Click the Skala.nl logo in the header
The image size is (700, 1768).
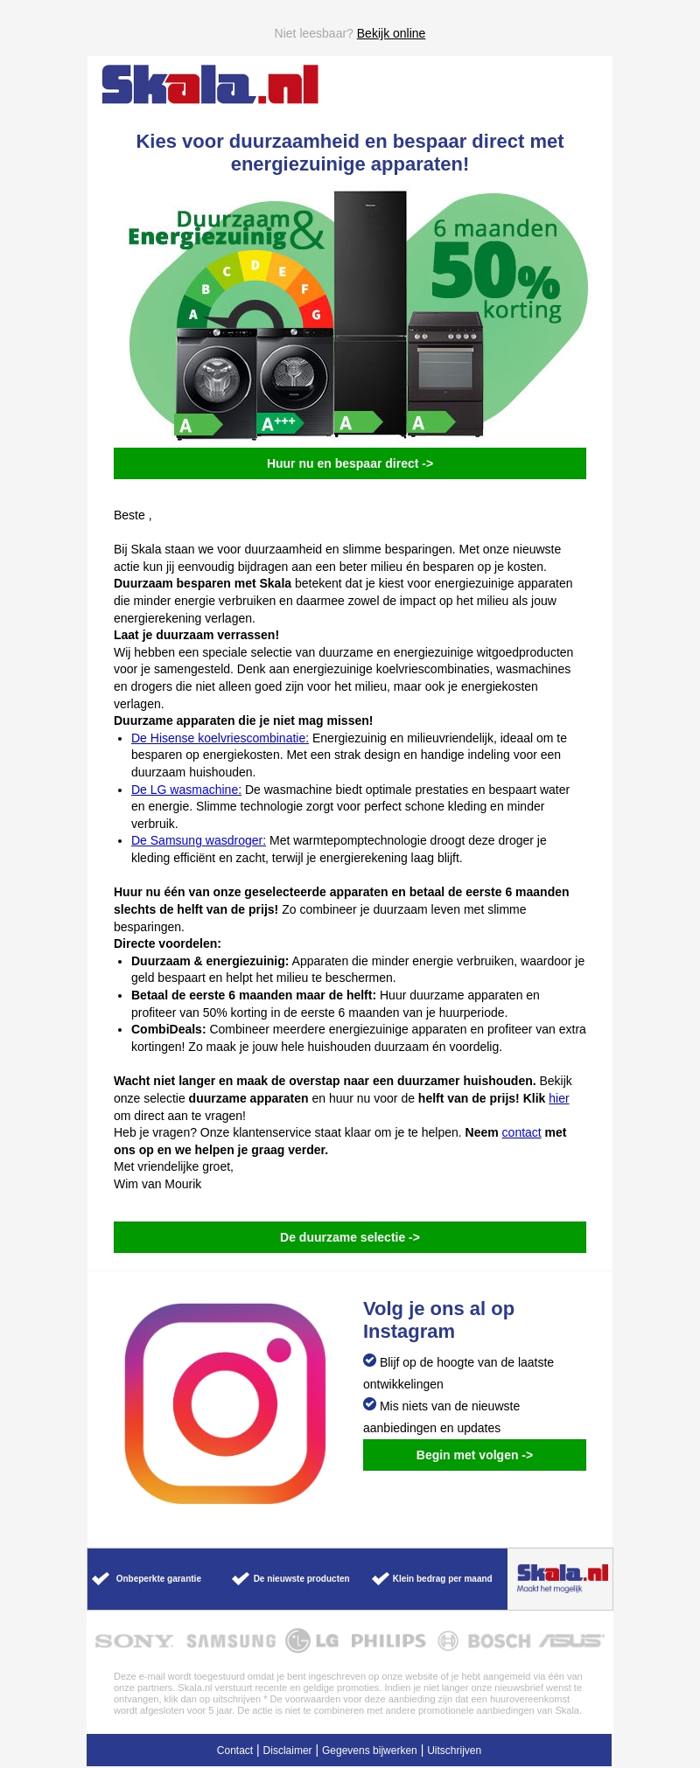click(x=210, y=85)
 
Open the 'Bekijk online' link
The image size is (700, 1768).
click(x=390, y=33)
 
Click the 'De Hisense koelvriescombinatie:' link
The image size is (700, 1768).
click(x=220, y=738)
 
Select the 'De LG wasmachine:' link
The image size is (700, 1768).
click(x=185, y=790)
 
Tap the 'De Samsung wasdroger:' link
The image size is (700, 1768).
click(x=198, y=840)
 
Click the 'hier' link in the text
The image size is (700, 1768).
click(x=559, y=1098)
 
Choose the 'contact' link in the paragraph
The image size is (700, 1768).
click(x=521, y=1132)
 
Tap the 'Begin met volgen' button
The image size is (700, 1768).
click(x=474, y=1455)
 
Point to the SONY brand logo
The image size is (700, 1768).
click(x=134, y=1641)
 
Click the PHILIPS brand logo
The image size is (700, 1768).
click(x=388, y=1641)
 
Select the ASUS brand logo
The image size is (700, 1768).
click(x=570, y=1641)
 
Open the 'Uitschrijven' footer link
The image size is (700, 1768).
click(x=454, y=1751)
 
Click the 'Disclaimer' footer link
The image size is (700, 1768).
click(x=287, y=1751)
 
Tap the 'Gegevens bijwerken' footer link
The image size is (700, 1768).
click(x=369, y=1751)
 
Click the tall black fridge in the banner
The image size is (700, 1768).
click(x=370, y=306)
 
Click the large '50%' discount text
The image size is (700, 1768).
click(x=494, y=271)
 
